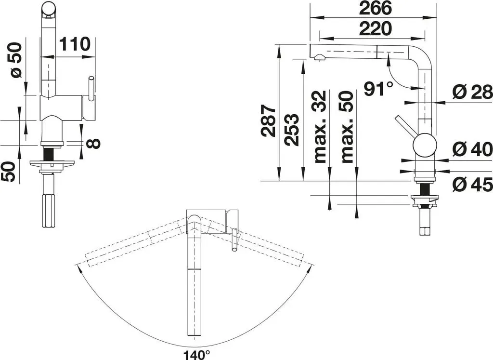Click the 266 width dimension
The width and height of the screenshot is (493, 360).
tap(376, 8)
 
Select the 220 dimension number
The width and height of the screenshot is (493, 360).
tap(376, 28)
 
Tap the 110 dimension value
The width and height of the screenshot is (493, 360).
tap(75, 44)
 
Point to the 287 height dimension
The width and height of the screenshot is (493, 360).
tap(269, 121)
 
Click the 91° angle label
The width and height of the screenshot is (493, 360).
tap(378, 89)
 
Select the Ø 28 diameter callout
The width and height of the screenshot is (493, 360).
tap(472, 93)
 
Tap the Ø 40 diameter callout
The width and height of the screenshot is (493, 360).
tap(472, 149)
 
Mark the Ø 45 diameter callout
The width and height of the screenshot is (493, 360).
tap(472, 184)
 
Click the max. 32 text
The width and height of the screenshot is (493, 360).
tap(321, 127)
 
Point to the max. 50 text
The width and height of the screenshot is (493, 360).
tap(347, 127)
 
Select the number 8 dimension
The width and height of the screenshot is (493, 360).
tap(93, 144)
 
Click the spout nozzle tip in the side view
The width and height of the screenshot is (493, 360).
tap(320, 58)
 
